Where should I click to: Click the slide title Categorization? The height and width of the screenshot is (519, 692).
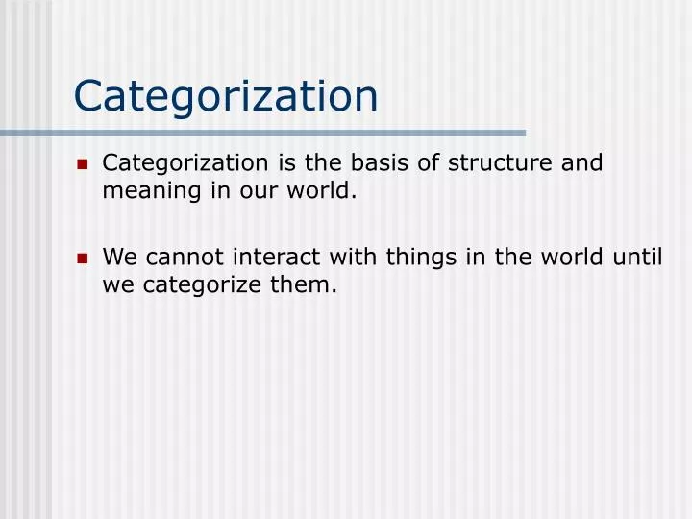(226, 96)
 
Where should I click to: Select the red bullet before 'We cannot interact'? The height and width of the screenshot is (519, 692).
(82, 259)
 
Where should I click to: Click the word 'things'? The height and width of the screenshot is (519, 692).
(423, 257)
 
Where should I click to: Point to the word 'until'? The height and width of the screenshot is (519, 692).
(638, 257)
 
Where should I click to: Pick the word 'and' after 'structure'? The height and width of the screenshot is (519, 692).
(581, 162)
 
